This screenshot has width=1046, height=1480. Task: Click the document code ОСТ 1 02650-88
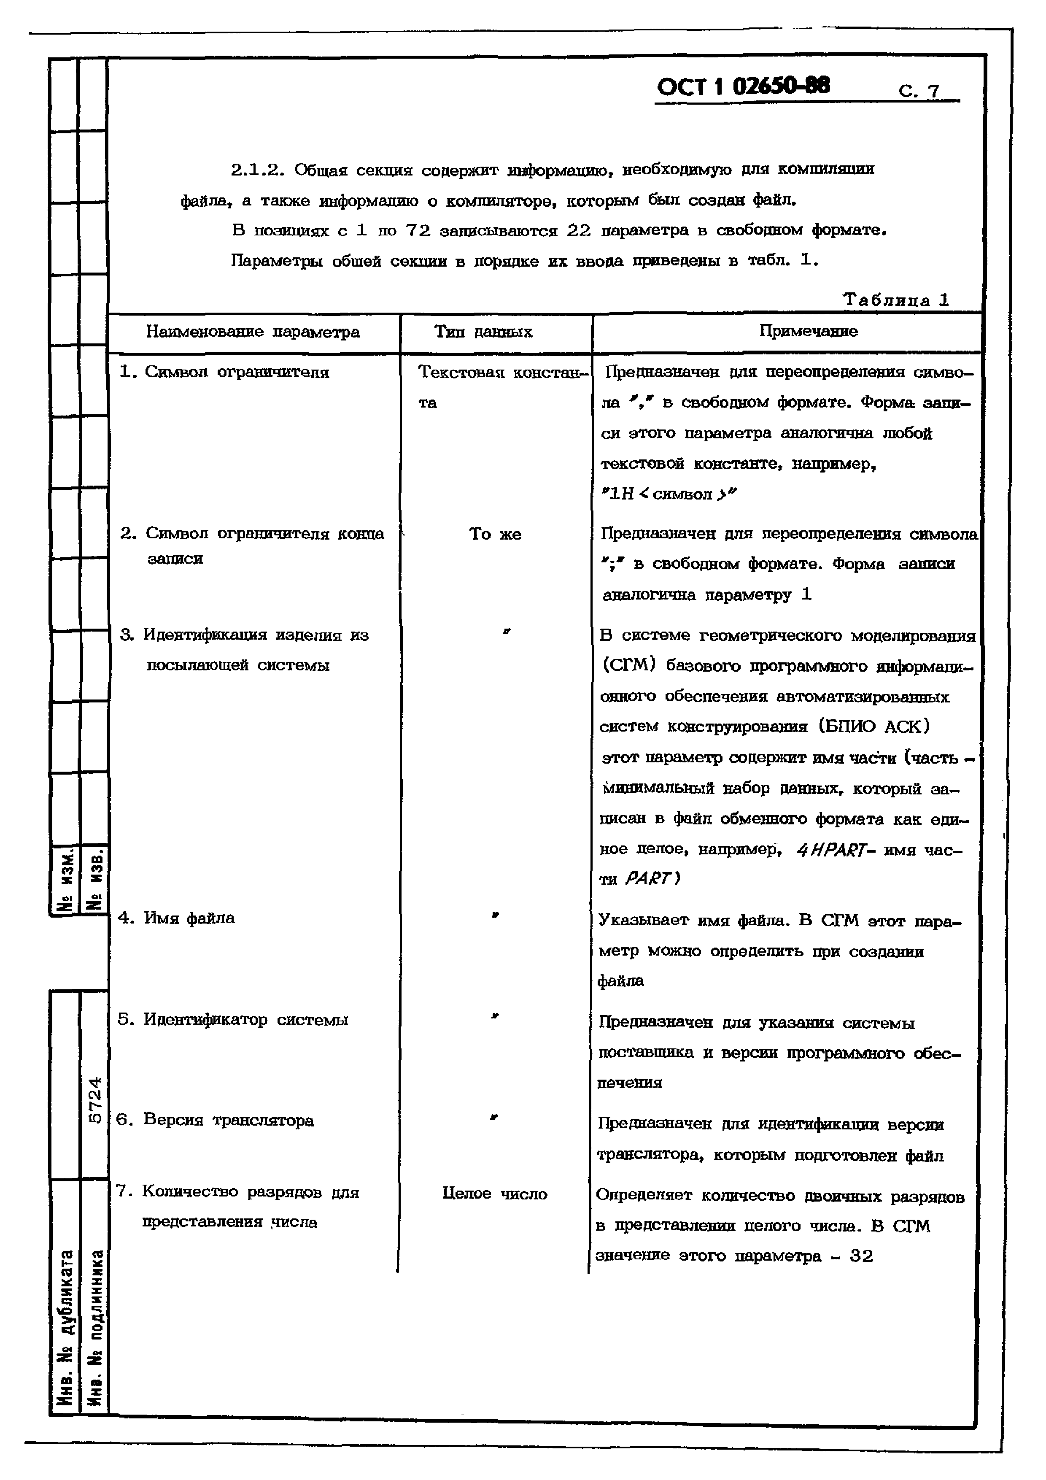tap(743, 86)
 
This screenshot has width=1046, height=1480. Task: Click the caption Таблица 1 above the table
tap(896, 300)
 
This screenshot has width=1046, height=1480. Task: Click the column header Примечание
tap(808, 331)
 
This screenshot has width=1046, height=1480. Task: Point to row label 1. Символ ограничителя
tap(224, 372)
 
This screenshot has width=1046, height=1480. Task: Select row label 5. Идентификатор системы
tap(233, 1019)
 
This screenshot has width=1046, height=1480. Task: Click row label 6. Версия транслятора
tap(215, 1120)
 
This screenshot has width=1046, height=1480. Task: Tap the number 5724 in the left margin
tap(94, 1100)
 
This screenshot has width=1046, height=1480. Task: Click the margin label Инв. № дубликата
tap(65, 1328)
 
